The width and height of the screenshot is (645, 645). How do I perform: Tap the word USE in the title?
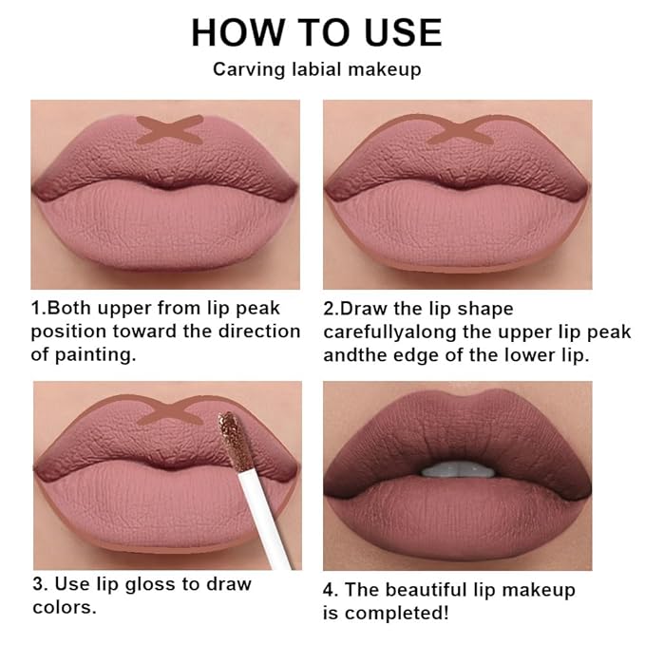(397, 33)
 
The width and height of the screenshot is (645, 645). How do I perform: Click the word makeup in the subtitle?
(387, 69)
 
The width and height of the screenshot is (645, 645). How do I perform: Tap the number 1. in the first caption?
(39, 309)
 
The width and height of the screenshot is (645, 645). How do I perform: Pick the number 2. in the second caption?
(332, 309)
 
